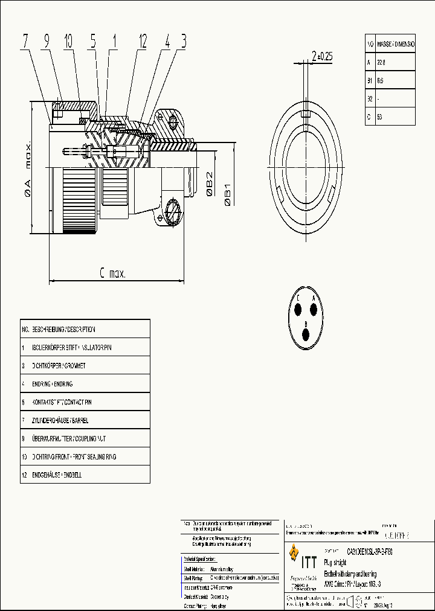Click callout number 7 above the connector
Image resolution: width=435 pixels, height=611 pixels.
point(26,41)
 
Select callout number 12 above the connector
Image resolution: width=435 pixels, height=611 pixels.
point(143,41)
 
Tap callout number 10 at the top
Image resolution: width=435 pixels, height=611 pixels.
point(68,41)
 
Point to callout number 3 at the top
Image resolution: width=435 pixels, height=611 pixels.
point(183,41)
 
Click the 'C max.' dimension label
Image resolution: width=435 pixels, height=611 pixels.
point(112,274)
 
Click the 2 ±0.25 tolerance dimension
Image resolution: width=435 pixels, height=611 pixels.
point(321,57)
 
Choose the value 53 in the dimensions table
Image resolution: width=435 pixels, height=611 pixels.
point(379,117)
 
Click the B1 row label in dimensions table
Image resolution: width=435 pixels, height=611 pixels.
point(370,80)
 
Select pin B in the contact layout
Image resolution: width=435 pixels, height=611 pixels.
point(306,332)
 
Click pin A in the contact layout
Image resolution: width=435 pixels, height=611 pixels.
point(314,309)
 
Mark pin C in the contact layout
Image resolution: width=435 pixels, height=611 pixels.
point(299,309)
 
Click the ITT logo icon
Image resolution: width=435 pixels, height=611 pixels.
point(294,552)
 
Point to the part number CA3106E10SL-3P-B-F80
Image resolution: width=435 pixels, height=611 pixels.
point(374,551)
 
